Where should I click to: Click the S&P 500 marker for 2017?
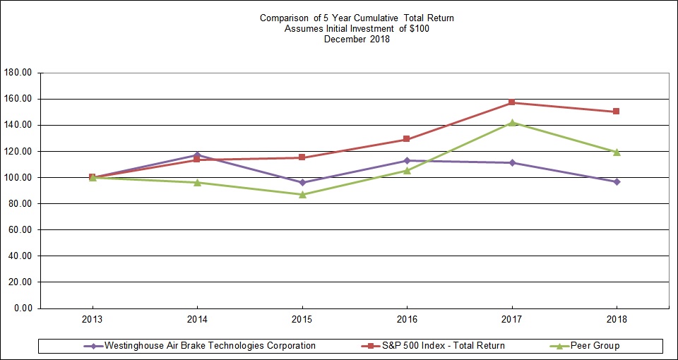point(511,103)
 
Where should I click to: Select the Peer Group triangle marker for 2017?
point(511,122)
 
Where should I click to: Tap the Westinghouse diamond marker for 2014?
point(197,155)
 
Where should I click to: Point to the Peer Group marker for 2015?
point(302,194)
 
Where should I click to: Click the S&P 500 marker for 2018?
point(617,112)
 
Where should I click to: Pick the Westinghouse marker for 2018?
point(617,182)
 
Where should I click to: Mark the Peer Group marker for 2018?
point(617,152)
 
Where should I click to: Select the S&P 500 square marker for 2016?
point(407,139)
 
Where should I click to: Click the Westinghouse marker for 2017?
point(511,163)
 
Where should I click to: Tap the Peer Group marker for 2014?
point(197,183)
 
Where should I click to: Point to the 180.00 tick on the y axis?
point(19,73)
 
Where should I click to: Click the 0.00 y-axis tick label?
point(24,308)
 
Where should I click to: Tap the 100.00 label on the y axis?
point(19,178)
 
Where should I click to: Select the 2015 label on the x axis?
point(302,319)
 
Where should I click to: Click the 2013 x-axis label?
point(93,319)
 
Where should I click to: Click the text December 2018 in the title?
point(357,40)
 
